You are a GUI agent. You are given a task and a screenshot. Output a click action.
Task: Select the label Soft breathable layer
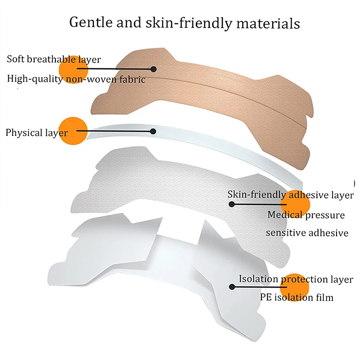(54, 59)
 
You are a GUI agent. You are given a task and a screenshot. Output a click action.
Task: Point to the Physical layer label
(37, 133)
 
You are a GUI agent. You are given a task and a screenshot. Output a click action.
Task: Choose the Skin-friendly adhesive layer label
(291, 195)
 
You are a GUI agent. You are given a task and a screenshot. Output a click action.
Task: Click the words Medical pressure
(306, 215)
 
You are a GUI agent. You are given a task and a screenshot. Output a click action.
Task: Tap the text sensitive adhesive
(307, 233)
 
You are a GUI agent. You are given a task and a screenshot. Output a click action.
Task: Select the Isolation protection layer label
(296, 279)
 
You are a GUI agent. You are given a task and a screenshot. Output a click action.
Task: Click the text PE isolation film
(297, 297)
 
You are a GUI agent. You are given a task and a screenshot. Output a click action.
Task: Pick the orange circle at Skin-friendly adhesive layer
(295, 205)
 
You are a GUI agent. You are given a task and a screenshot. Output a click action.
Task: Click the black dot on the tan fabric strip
(153, 69)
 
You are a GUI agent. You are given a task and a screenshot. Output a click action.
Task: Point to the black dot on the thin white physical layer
(153, 131)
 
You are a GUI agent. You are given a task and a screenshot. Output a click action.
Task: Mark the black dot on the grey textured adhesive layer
(231, 204)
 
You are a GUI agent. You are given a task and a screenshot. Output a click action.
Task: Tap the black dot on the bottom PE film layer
(231, 286)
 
